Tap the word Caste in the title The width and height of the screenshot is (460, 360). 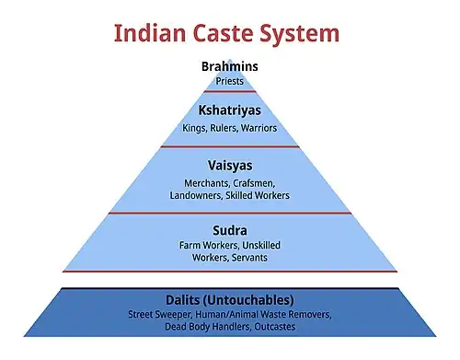(x=231, y=34)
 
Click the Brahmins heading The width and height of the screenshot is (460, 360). (x=230, y=65)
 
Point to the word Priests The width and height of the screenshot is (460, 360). (x=230, y=80)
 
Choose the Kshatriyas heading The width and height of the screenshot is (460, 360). (x=230, y=110)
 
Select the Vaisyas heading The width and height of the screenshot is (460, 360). (x=230, y=167)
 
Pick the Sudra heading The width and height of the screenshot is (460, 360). (x=230, y=229)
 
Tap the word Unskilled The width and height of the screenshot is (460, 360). (x=262, y=246)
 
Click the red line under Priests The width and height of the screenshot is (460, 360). (x=230, y=91)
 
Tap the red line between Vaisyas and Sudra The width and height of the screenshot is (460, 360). (x=230, y=214)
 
